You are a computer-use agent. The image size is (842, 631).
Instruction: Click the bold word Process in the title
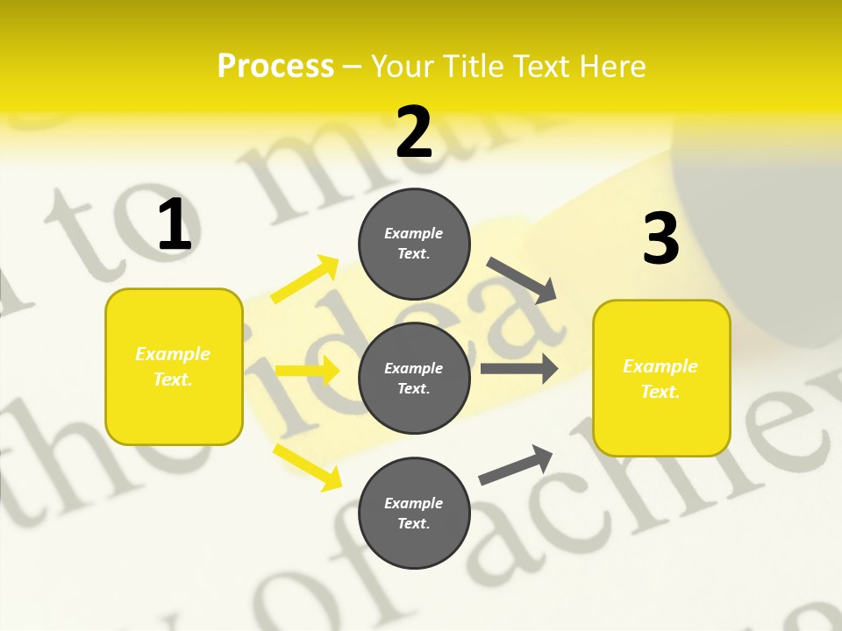275,67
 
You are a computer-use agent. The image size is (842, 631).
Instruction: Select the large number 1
175,224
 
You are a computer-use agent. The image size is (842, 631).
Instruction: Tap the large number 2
414,132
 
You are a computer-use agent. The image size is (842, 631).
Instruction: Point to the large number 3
660,239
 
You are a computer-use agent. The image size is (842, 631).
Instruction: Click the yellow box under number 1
174,366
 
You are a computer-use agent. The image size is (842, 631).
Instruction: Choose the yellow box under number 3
661,378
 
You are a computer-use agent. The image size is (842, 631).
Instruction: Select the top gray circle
414,244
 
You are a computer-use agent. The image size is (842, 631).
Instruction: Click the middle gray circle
414,378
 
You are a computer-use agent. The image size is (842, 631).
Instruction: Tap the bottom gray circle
414,513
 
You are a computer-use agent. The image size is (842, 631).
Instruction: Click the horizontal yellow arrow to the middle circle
307,370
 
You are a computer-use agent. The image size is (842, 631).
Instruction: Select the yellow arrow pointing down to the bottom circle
307,467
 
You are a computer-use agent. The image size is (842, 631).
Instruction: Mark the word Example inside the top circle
413,233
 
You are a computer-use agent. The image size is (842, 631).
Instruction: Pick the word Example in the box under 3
660,366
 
